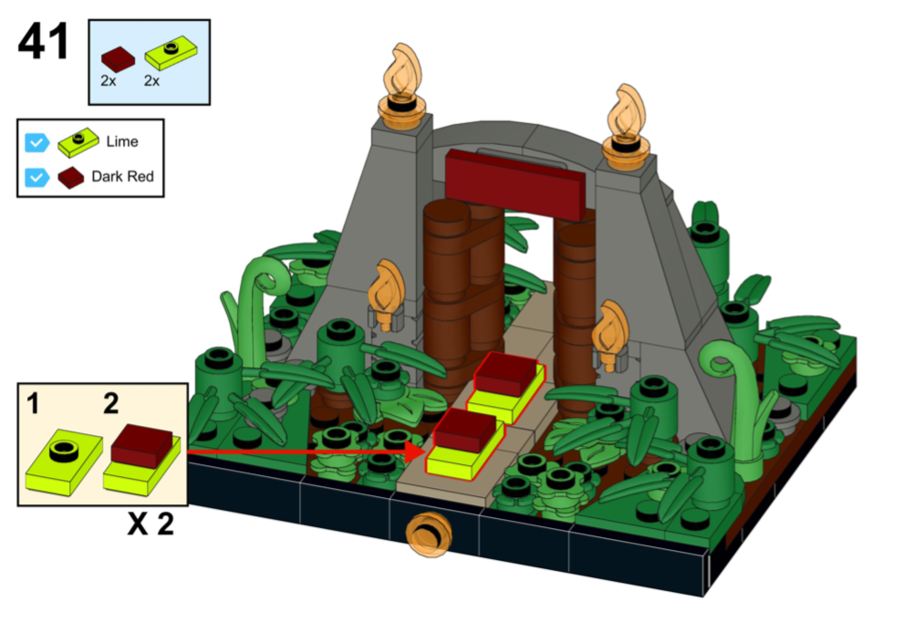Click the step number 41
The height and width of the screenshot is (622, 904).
tap(44, 42)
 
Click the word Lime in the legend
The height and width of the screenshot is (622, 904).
tap(122, 141)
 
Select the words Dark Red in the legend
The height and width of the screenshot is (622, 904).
tap(123, 176)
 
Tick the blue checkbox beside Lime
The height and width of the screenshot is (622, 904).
tap(36, 142)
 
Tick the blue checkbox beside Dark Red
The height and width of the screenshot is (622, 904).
tap(36, 177)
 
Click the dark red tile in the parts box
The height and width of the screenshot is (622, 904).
tap(118, 58)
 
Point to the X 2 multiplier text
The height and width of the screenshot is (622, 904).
tap(151, 524)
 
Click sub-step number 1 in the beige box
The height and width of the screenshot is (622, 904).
tap(34, 403)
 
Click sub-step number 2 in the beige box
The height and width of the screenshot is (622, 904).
tap(111, 403)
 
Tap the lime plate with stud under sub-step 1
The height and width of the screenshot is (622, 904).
tap(64, 461)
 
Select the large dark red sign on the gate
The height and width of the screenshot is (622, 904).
tap(514, 184)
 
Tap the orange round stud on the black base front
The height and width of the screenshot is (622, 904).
tap(429, 534)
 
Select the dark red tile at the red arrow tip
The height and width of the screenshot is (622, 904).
tap(465, 430)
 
